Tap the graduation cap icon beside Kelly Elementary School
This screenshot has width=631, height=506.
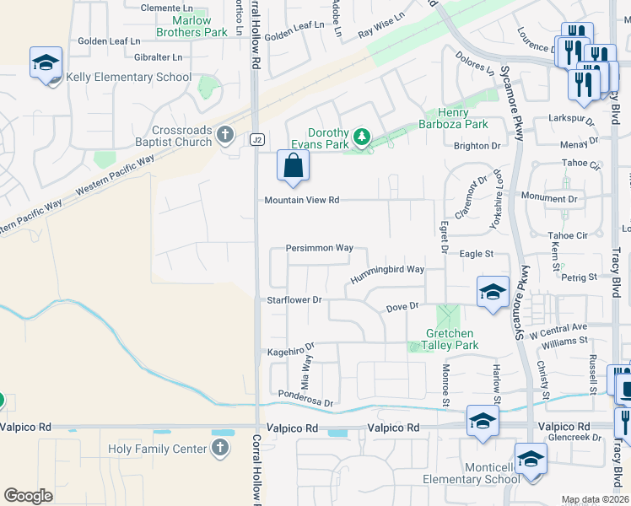[x=46, y=62]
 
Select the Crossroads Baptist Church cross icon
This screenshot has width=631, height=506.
[x=224, y=134]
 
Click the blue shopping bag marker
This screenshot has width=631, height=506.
[x=293, y=165]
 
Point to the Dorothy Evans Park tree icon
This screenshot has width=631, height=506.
[x=362, y=136]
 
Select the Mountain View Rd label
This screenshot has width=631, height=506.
[x=301, y=200]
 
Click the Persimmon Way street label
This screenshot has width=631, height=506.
[x=319, y=248]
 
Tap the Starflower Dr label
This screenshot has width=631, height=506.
[x=294, y=299]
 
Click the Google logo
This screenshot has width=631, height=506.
[x=29, y=495]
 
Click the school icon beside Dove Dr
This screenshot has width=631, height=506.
[x=493, y=292]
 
